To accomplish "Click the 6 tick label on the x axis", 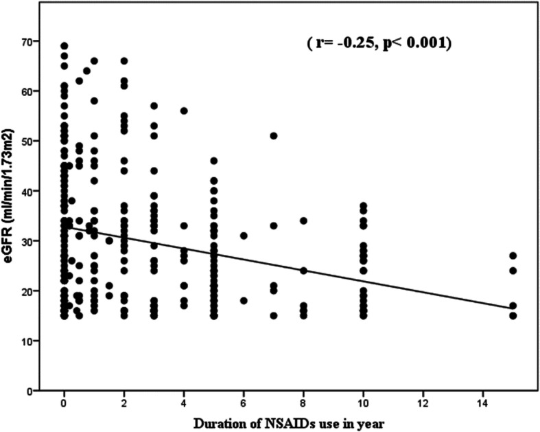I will tap(244, 400).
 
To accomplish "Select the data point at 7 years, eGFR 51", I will tap(274, 136).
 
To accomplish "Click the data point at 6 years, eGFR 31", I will tap(244, 236).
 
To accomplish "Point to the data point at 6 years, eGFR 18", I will tap(244, 301).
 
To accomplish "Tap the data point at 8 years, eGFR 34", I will tap(303, 220).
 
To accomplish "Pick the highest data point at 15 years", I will tap(513, 255).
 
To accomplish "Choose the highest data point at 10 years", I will tap(363, 205).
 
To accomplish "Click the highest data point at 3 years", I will tap(154, 106).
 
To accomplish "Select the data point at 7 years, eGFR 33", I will tap(274, 225).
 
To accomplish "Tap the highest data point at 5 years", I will tap(213, 161).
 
